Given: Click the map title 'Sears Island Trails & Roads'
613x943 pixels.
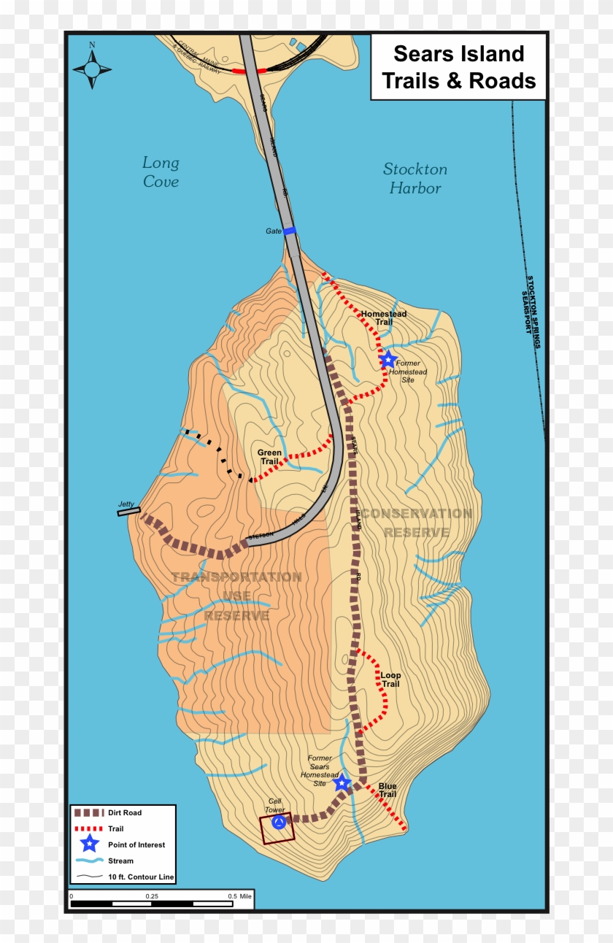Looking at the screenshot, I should (458, 67).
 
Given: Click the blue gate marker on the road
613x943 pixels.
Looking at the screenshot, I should (290, 231).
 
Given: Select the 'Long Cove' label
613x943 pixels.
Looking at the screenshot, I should (161, 172).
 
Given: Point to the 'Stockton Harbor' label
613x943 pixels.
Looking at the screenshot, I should (415, 179).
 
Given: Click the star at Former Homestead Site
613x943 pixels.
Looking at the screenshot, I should (388, 360).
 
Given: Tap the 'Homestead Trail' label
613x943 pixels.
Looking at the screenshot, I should (384, 318).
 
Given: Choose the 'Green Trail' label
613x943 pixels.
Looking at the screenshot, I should (269, 457).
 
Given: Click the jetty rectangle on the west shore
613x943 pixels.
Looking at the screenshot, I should (128, 512).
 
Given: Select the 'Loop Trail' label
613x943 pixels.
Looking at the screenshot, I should (390, 680).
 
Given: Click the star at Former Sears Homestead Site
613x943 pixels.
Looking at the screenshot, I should (342, 783).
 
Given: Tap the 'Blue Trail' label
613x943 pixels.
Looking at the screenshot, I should (387, 790).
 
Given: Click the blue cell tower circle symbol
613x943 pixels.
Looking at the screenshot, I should (278, 823).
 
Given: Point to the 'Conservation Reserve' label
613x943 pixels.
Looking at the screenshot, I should (417, 523).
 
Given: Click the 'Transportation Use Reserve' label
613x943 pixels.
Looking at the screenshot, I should (236, 596).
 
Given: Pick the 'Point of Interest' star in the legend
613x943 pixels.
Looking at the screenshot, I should (89, 844).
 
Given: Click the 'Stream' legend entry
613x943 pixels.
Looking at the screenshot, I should (120, 861).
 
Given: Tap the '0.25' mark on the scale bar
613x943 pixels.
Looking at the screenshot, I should (152, 896).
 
